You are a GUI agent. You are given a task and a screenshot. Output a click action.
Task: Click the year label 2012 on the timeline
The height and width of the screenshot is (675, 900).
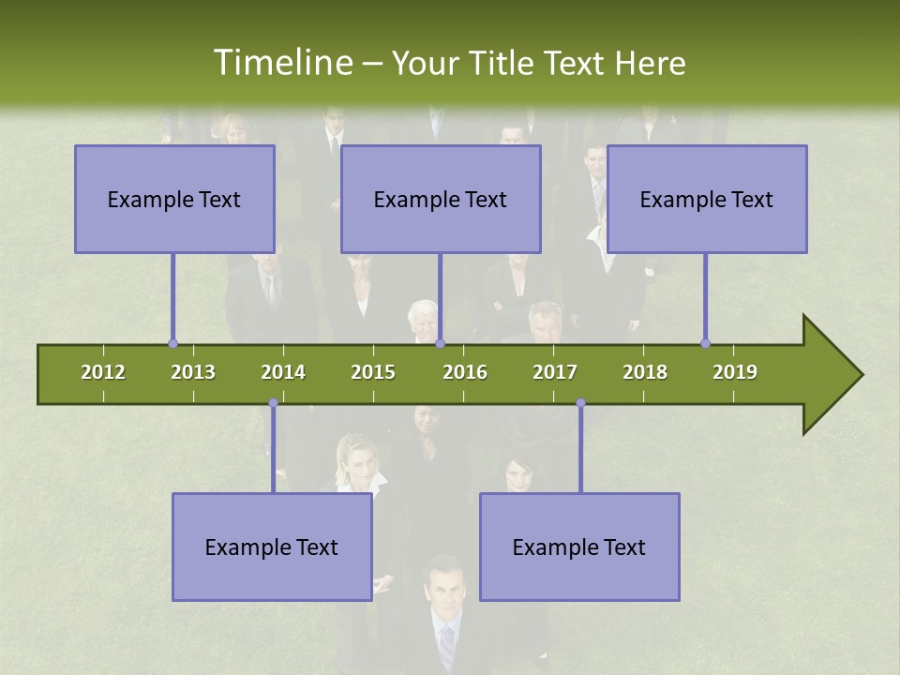(x=103, y=372)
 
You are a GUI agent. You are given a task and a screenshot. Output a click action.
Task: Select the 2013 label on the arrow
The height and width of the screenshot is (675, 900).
(x=193, y=372)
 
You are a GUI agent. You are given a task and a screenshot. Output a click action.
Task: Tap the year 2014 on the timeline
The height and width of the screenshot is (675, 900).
(x=283, y=372)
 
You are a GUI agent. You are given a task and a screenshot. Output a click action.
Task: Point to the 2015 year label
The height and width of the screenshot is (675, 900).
(x=373, y=372)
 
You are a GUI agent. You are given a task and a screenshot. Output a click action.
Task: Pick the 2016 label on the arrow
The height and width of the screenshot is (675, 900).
(x=465, y=372)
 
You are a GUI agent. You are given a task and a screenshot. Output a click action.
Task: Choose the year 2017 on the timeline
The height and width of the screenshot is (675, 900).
(x=555, y=372)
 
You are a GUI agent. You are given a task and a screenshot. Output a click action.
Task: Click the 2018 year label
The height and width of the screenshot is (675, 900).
(x=645, y=372)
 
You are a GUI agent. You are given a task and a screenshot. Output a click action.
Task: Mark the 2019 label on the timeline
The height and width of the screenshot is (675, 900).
(x=735, y=372)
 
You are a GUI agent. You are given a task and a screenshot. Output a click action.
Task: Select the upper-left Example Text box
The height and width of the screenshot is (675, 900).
(x=174, y=199)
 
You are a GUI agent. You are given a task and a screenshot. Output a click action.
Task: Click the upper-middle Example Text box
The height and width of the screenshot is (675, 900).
(x=441, y=199)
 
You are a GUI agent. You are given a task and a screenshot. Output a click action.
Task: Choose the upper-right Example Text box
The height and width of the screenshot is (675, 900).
(x=707, y=199)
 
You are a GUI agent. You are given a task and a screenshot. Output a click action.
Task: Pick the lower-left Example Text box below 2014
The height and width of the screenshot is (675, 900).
(x=272, y=547)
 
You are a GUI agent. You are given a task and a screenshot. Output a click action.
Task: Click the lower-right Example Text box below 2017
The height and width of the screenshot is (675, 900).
(x=579, y=547)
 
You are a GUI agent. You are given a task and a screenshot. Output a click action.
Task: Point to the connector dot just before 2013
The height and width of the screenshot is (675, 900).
(x=172, y=344)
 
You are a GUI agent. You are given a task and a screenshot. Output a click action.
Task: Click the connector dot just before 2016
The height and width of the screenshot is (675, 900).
(x=441, y=344)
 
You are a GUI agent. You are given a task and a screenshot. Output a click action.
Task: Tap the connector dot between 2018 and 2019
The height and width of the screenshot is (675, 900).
(x=705, y=344)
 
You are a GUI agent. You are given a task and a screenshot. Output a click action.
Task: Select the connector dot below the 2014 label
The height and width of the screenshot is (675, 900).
(x=273, y=403)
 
